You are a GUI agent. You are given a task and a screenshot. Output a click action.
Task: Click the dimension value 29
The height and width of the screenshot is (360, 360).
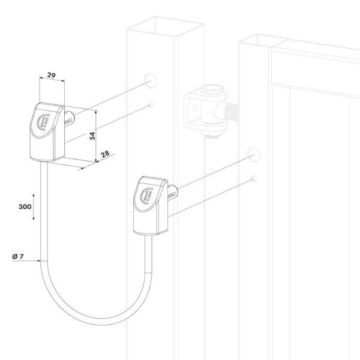tap(52, 75)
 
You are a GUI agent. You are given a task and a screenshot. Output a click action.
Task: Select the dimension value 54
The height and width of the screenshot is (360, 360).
tap(92, 136)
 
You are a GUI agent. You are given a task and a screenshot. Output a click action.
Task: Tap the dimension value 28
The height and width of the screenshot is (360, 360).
tap(105, 154)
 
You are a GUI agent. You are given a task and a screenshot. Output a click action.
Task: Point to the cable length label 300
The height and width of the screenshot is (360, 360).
tap(25, 206)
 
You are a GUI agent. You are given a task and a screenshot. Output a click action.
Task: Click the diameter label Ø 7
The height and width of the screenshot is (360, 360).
tap(18, 256)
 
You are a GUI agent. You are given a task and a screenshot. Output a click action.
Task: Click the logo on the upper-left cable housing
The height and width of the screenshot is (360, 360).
tap(43, 122)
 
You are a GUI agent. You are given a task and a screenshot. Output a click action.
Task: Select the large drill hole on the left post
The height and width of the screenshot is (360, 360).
tap(151, 80)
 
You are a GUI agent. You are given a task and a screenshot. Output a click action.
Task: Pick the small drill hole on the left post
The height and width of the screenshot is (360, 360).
tap(151, 104)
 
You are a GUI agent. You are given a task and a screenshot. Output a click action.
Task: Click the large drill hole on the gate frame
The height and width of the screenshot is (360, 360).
tap(254, 155)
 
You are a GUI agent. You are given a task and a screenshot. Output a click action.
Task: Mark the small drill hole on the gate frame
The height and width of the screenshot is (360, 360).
tap(254, 178)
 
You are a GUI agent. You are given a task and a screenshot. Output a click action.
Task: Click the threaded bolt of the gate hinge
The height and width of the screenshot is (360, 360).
tap(232, 113)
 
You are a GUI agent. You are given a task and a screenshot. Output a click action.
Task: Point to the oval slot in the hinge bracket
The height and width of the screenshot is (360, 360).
tap(195, 107)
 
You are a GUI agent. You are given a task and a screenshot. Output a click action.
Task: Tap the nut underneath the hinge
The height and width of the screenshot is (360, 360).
tap(212, 133)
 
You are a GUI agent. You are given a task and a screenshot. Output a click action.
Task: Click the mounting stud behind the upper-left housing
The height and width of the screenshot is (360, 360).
tap(70, 121)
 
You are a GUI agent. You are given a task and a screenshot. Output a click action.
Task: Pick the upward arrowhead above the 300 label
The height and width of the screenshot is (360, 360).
tap(34, 196)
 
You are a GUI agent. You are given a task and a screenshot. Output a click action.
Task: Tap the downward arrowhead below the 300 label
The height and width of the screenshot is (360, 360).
tap(34, 218)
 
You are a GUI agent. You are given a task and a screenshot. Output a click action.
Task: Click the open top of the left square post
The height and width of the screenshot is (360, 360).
tap(166, 26)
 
